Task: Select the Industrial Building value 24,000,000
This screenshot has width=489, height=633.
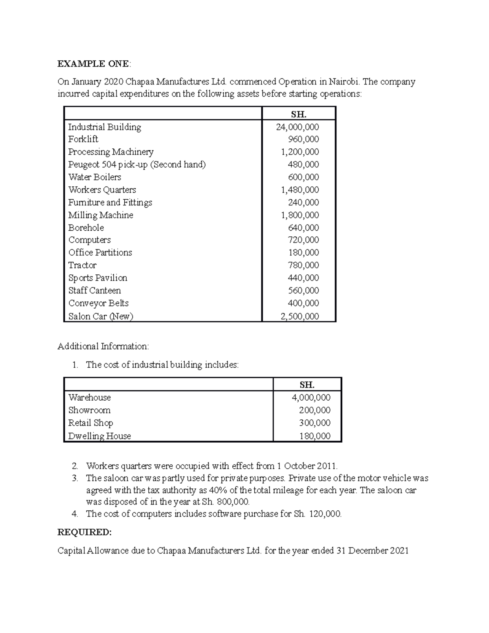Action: pos(297,127)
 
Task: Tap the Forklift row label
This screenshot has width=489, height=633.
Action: pos(83,139)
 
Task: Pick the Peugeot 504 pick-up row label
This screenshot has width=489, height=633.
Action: pos(137,165)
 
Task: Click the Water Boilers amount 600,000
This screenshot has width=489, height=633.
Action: pos(304,177)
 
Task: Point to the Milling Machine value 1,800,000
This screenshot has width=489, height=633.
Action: pos(300,215)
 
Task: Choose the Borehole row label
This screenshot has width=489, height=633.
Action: pos(86,228)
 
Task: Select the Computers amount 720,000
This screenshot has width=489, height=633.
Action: pos(304,240)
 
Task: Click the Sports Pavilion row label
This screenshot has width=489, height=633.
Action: pos(98,278)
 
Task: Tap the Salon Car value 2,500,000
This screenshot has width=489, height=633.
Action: pos(300,316)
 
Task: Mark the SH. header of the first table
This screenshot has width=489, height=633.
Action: pos(299,115)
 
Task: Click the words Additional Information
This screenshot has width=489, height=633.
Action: pos(104,346)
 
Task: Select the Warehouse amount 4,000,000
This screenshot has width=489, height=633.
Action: pos(311,397)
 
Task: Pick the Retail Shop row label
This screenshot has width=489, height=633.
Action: pos(90,423)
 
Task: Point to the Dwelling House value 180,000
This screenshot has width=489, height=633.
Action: pos(315,436)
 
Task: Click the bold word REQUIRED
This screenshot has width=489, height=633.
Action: pos(84,532)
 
